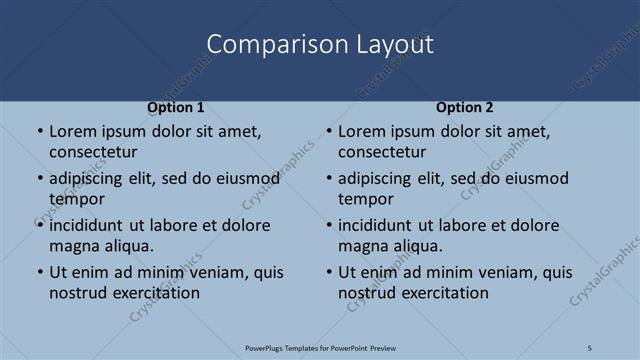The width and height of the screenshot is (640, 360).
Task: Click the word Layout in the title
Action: coord(399,44)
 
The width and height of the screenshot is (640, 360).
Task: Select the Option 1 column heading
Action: coord(175,107)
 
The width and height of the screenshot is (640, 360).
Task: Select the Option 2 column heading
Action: coord(464,107)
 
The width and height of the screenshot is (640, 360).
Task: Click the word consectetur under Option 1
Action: coord(93,152)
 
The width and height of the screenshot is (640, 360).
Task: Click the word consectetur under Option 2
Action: coord(382,152)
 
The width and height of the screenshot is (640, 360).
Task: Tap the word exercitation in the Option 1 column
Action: coord(152,293)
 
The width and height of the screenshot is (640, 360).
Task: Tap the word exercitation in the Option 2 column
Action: coord(441,293)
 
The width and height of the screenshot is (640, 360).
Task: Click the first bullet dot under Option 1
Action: coord(39,131)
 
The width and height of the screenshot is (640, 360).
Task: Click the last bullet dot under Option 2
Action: coord(328,272)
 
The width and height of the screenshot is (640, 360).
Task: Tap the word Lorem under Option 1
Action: coord(71,131)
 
